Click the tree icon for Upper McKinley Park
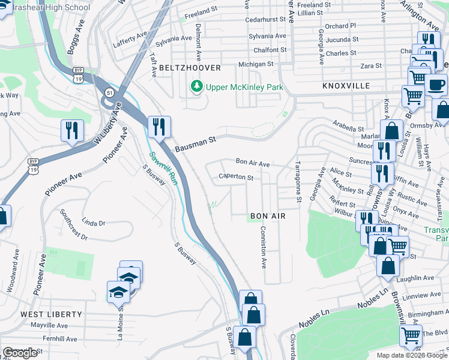pyautogui.click(x=196, y=88)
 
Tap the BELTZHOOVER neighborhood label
pyautogui.click(x=190, y=68)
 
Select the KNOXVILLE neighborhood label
pyautogui.click(x=346, y=86)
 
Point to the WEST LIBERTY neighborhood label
pyautogui.click(x=51, y=314)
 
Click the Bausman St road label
pyautogui.click(x=195, y=144)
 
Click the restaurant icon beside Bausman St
pyautogui.click(x=159, y=127)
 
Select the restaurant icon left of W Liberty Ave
pyautogui.click(x=72, y=130)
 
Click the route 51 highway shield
pyautogui.click(x=109, y=91)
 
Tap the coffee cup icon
pyautogui.click(x=436, y=85)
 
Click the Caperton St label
pyautogui.click(x=235, y=178)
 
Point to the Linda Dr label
pyautogui.click(x=93, y=223)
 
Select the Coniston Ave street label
pyautogui.click(x=263, y=247)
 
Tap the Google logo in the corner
pyautogui.click(x=20, y=353)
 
